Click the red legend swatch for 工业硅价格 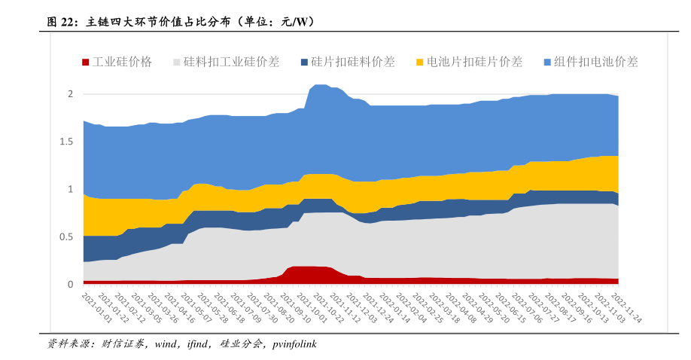86,63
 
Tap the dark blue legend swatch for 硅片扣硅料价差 304,63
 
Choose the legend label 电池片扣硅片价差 474,63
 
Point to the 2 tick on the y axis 70,94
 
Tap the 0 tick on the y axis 70,284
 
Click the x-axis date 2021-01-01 96,308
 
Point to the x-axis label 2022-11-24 627,308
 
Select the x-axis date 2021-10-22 329,308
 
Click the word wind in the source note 166,344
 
